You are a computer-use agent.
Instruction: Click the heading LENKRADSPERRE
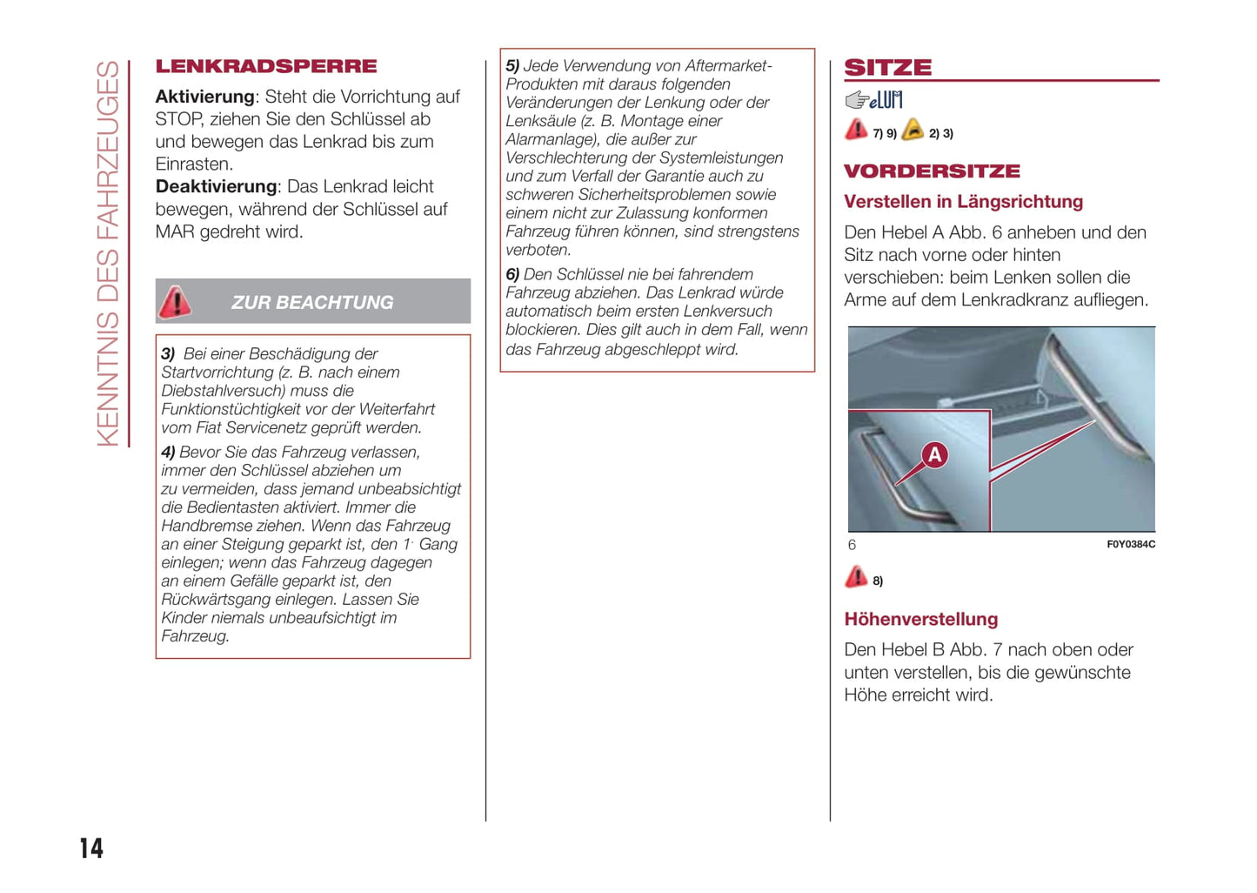pyautogui.click(x=266, y=67)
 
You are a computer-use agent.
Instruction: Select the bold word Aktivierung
pyautogui.click(x=204, y=97)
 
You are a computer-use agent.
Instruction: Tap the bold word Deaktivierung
pyautogui.click(x=216, y=187)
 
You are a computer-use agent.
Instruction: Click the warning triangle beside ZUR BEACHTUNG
pyautogui.click(x=175, y=301)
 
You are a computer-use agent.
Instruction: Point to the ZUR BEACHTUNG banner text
pyautogui.click(x=312, y=303)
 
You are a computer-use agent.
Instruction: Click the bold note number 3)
pyautogui.click(x=168, y=354)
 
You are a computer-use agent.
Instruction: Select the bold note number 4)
pyautogui.click(x=168, y=453)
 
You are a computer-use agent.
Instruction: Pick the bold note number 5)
pyautogui.click(x=512, y=66)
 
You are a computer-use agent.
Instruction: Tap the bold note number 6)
pyautogui.click(x=512, y=275)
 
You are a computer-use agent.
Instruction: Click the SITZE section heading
pyautogui.click(x=888, y=68)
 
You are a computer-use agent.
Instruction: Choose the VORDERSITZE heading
pyautogui.click(x=932, y=171)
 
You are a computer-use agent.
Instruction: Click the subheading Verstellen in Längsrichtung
pyautogui.click(x=963, y=202)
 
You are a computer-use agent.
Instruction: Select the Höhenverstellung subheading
pyautogui.click(x=920, y=620)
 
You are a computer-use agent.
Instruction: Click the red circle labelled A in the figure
pyautogui.click(x=934, y=454)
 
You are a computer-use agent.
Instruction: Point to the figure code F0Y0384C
pyautogui.click(x=1130, y=545)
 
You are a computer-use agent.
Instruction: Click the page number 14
pyautogui.click(x=91, y=848)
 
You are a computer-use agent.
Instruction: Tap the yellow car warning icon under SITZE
pyautogui.click(x=913, y=131)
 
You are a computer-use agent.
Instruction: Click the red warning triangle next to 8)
pyautogui.click(x=856, y=577)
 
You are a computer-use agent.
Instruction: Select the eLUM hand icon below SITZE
pyautogui.click(x=873, y=100)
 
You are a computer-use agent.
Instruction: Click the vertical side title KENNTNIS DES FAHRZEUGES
pyautogui.click(x=108, y=253)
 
